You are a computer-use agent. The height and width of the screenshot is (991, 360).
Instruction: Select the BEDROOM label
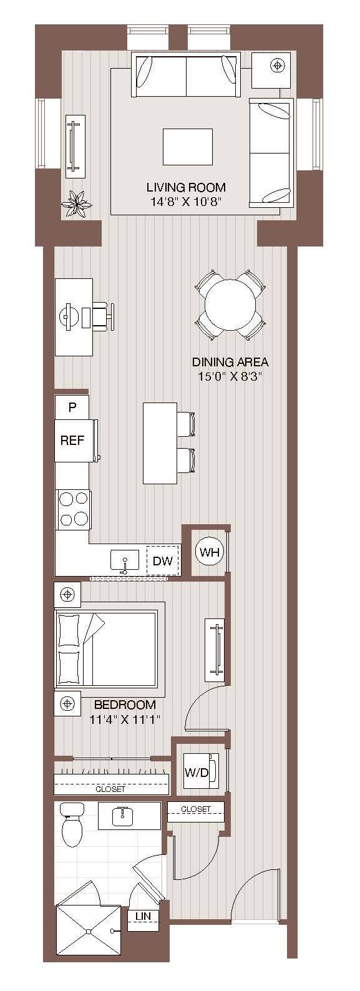tap(125, 705)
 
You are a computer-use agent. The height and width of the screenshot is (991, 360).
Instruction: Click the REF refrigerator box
tap(72, 440)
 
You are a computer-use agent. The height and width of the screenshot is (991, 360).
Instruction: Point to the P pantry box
tap(72, 408)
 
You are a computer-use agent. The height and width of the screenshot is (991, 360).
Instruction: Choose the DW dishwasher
tap(162, 560)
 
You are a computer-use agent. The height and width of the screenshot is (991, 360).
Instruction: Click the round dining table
tap(230, 305)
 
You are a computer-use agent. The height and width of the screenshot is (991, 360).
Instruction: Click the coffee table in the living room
tap(187, 147)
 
